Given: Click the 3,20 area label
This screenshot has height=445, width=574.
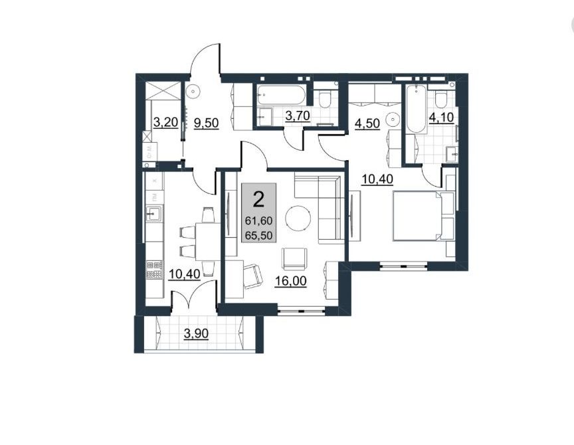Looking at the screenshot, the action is pos(165,123).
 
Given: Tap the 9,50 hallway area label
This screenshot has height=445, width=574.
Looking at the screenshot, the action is pos(206,124).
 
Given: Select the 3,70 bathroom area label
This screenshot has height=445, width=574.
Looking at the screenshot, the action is pos(298,116).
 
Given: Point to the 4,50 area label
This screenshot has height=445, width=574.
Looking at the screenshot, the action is pos(367,124).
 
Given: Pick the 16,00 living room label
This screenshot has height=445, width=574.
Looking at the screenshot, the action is pos(291,281).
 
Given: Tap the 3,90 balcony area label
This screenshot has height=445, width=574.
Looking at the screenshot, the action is pos(196,333).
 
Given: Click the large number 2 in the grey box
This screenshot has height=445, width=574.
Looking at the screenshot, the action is pos(259,200).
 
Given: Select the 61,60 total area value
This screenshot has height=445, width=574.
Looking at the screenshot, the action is pos(259,221).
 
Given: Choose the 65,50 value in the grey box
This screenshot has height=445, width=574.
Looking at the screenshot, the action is pos(259,236).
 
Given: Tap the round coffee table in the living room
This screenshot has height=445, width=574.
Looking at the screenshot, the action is pos(298,219).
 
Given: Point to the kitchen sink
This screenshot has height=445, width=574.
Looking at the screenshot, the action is pos(153,214).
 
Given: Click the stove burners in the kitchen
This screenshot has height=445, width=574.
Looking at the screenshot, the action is pos(154,270).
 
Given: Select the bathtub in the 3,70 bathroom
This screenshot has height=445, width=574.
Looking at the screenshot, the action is pos(280,95).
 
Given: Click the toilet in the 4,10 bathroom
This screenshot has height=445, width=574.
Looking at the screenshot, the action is pos(442,99).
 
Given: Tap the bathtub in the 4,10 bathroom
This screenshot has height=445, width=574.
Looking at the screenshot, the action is pos(417,109).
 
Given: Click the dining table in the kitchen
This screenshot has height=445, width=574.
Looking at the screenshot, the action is pos(208,241).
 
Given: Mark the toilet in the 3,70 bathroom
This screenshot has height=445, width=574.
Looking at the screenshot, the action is pos(324,98).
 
